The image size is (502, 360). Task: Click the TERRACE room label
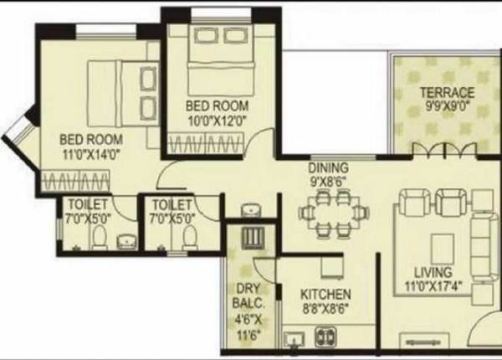tap(447, 92)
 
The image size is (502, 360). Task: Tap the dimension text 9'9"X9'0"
tap(447, 106)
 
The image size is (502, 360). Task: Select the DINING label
tap(327, 167)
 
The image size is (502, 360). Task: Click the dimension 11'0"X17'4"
tap(435, 286)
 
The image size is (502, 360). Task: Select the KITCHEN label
tap(325, 295)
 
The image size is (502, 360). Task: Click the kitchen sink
tap(295, 340)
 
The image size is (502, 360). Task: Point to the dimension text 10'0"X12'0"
tap(217, 120)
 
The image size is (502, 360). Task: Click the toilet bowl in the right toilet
tap(188, 239)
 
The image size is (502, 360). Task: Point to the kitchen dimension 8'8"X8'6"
tap(326, 309)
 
